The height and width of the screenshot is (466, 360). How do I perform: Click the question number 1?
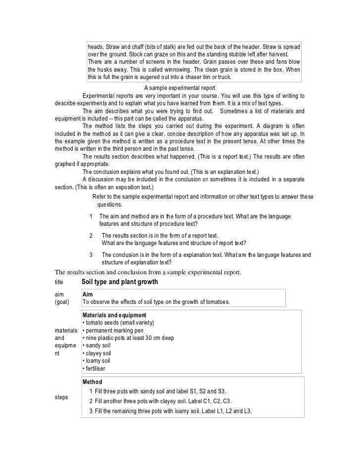91,216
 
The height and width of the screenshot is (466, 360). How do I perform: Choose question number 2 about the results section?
91,235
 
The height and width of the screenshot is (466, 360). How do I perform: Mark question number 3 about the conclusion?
91,254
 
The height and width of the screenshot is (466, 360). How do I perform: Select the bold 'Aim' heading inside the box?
88,293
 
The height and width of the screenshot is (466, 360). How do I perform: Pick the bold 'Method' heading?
92,382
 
